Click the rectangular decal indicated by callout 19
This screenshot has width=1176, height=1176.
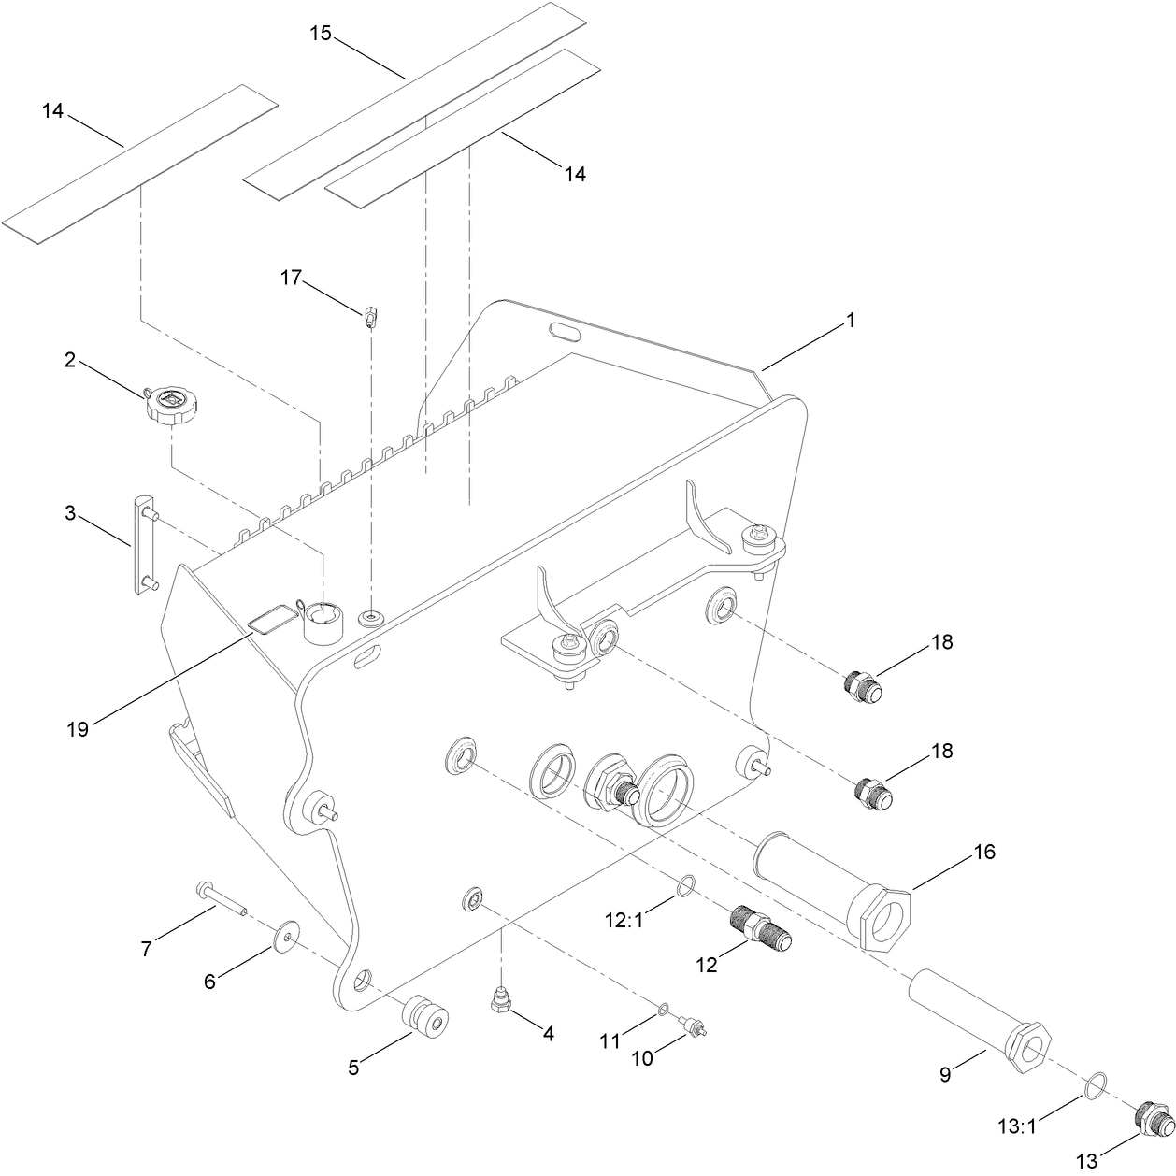tap(269, 620)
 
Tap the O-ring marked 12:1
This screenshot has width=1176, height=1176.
tap(686, 884)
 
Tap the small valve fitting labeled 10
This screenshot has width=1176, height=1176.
tap(693, 1027)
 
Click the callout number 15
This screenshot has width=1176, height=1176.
tap(321, 34)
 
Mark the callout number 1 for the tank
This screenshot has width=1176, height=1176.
tap(850, 320)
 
